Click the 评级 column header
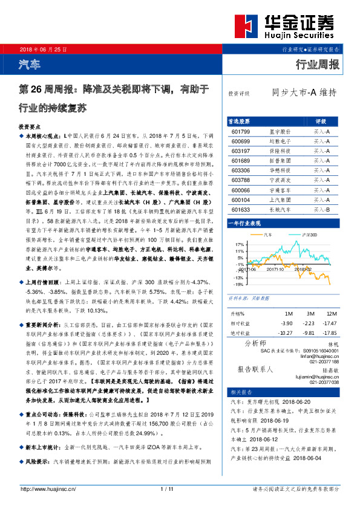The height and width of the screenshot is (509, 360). [x=321, y=120]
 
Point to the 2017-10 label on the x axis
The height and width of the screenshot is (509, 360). [x=275, y=270]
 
